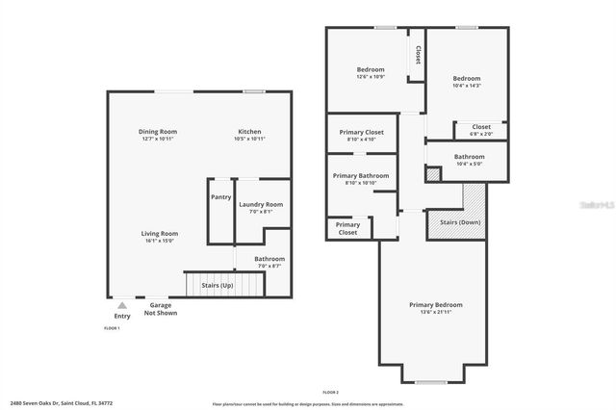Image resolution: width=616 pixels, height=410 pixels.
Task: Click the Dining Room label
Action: click(157, 132)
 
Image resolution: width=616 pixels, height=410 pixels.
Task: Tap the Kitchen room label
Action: click(249, 132)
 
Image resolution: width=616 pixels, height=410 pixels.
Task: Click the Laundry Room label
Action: click(260, 204)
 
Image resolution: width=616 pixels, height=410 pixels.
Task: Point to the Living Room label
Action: click(160, 233)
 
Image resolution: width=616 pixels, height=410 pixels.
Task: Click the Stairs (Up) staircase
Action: click(223, 286)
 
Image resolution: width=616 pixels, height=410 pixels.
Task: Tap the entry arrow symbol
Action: click(121, 304)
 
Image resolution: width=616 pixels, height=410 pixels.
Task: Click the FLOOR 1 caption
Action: click(113, 328)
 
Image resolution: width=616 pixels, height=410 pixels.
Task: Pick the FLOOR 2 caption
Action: click(330, 393)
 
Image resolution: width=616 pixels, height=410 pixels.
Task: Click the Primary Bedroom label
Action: click(435, 305)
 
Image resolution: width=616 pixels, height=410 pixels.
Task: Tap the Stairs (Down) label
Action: click(460, 222)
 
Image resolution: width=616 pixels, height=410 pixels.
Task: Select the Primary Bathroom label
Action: click(360, 176)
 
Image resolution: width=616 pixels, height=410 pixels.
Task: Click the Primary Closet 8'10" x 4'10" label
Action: click(361, 132)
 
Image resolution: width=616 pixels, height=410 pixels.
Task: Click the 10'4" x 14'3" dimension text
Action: click(466, 86)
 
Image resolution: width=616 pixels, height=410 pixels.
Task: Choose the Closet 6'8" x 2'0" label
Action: click(480, 127)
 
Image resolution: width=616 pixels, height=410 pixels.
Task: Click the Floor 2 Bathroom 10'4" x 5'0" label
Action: click(469, 157)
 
